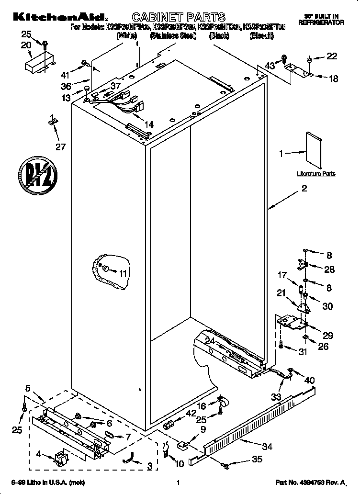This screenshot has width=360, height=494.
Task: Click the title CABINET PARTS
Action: (x=178, y=18)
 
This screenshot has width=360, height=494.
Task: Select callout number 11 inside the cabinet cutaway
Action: (x=124, y=274)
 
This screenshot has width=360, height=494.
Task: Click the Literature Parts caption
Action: (x=316, y=174)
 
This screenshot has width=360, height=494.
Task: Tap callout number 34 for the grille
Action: (x=267, y=447)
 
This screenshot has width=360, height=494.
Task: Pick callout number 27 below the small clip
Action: (x=60, y=146)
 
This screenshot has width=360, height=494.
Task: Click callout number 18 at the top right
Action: (x=333, y=78)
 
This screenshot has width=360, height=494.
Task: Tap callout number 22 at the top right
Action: (x=331, y=57)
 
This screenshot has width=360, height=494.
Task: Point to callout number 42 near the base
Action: (x=191, y=413)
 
